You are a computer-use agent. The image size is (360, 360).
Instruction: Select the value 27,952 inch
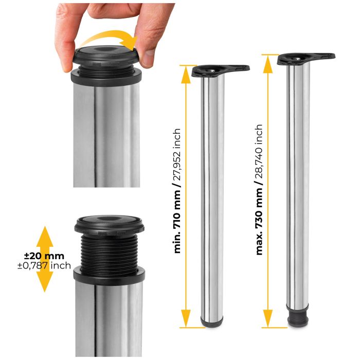(x=178, y=154)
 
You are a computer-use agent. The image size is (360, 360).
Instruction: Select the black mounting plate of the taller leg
(x=305, y=58)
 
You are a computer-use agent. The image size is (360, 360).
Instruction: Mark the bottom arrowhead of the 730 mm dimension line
(x=267, y=321)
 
